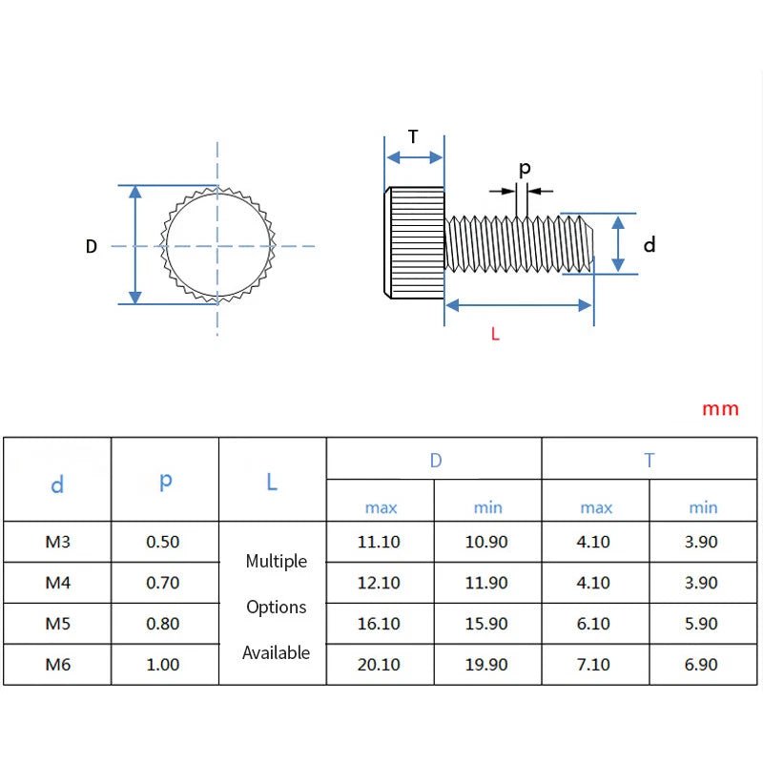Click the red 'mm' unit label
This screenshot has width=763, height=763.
(720, 409)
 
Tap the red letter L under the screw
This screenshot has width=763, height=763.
(495, 334)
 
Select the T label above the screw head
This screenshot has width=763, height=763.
(413, 136)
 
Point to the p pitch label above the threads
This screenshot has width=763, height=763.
(525, 170)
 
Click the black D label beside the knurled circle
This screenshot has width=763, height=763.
(91, 246)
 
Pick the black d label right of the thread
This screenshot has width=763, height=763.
(650, 244)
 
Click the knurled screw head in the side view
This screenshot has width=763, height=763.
(414, 243)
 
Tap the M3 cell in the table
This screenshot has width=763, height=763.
(58, 542)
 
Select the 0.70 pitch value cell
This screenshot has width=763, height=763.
(163, 583)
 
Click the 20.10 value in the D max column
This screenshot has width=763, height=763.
(379, 664)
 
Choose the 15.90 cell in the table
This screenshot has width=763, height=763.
(486, 624)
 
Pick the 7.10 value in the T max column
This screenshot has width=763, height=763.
(593, 664)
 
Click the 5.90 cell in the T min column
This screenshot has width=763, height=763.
(701, 624)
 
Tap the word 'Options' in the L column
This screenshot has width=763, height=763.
(277, 608)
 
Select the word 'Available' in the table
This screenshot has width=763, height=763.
(276, 652)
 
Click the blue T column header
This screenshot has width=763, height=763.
(650, 460)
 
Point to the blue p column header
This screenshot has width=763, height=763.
(165, 481)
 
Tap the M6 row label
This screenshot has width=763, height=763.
(58, 664)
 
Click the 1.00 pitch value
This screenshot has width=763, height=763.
(163, 664)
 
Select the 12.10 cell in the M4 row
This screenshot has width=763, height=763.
(379, 583)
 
